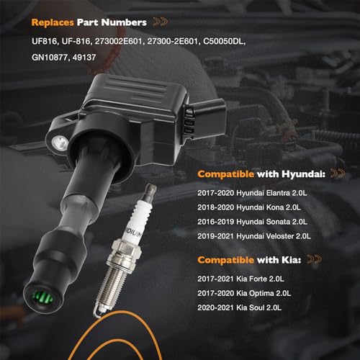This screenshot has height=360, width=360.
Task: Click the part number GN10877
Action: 50,58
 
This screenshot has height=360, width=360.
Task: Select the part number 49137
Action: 84,58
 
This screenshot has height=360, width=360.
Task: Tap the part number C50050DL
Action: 224,42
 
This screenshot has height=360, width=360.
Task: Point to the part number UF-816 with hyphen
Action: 76,42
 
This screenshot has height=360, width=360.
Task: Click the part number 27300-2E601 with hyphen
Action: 174,42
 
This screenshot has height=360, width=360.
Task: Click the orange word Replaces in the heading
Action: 53,22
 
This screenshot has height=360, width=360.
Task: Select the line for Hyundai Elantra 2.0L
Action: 252,193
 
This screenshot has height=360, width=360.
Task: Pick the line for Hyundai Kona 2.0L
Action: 249,207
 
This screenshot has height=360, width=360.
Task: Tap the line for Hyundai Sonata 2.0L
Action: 252,222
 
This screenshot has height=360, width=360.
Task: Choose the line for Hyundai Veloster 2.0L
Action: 254,236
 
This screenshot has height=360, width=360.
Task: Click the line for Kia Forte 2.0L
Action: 240,279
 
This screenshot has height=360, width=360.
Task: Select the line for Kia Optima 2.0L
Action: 244,293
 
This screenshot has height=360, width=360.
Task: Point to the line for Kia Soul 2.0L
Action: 239,307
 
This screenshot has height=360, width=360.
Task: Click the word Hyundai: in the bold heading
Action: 304,174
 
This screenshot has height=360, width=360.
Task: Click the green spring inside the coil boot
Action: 42,297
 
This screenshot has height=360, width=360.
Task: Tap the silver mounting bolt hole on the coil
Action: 59,142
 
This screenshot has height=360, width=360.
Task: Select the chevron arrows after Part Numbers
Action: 161,22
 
